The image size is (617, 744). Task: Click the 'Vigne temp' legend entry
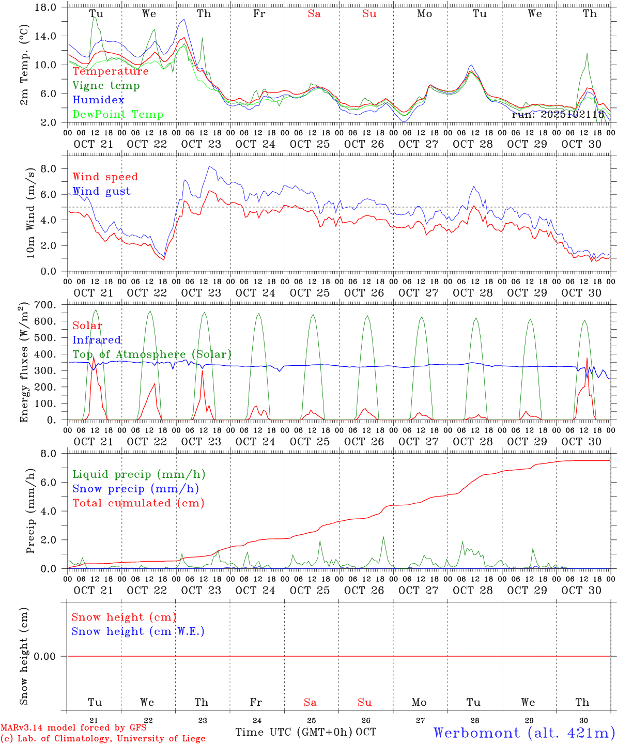(x=106, y=86)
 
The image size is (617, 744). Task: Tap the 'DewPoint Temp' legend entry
(x=118, y=115)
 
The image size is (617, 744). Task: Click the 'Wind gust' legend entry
(x=101, y=191)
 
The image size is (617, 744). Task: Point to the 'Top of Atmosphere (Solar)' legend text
(x=152, y=354)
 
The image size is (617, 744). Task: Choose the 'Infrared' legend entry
(x=97, y=340)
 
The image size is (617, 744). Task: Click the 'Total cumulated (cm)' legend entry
(x=138, y=503)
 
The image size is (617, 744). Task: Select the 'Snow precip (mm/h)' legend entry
(x=135, y=489)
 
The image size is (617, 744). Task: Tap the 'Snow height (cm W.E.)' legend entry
(x=138, y=631)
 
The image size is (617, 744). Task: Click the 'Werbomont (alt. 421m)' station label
(x=524, y=733)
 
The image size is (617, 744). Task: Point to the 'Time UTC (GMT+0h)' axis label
(x=294, y=732)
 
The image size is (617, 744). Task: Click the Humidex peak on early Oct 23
(x=184, y=20)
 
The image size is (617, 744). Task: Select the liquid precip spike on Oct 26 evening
(x=383, y=537)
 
